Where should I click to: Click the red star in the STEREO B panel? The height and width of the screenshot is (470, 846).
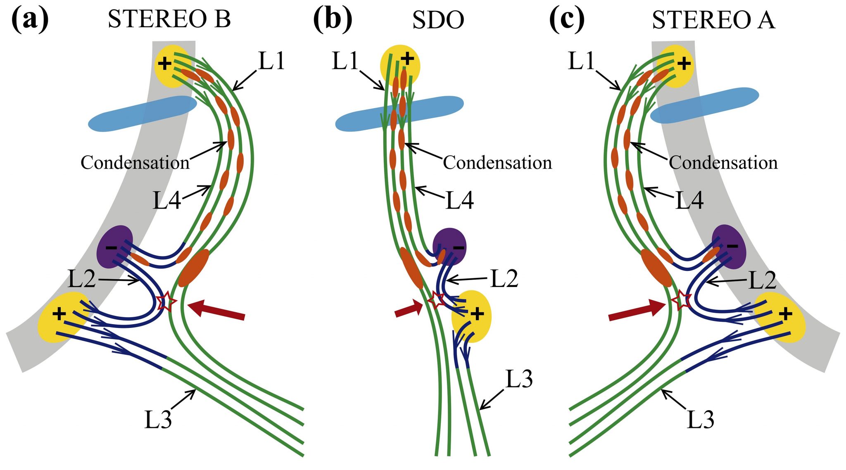(166, 301)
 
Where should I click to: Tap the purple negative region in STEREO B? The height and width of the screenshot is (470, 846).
(114, 247)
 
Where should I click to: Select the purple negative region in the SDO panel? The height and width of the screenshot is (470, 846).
(449, 247)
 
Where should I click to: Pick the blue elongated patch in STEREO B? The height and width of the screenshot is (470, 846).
(143, 114)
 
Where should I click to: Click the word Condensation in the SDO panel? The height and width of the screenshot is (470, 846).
(497, 163)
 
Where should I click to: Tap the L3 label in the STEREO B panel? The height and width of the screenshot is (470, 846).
(158, 420)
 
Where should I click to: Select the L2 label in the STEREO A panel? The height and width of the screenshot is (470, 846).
(763, 280)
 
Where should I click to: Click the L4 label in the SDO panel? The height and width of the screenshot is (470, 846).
(459, 201)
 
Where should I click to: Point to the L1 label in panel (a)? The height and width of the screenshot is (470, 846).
(271, 61)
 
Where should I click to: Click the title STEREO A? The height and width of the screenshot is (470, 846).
(713, 20)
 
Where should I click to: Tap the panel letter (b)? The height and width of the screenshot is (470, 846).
(333, 20)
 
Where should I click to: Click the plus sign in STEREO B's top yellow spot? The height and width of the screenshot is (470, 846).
(165, 64)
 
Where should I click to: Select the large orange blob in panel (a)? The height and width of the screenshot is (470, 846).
(194, 268)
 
